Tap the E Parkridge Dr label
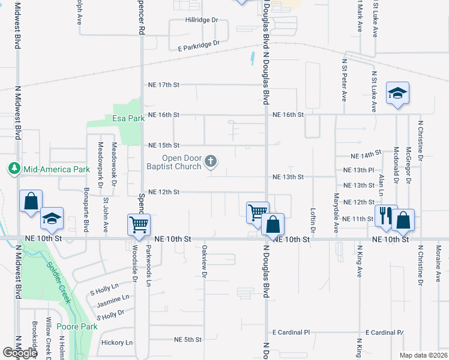pyautogui.click(x=195, y=44)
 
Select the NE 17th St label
pyautogui.click(x=163, y=85)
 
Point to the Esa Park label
pyautogui.click(x=128, y=118)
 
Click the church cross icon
pyautogui.click(x=210, y=160)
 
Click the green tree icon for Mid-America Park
pyautogui.click(x=14, y=169)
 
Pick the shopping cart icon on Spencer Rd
pyautogui.click(x=139, y=224)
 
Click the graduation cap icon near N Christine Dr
pyautogui.click(x=397, y=93)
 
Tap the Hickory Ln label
pyautogui.click(x=117, y=343)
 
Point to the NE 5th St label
pyautogui.click(x=187, y=340)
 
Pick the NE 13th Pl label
pyautogui.click(x=363, y=170)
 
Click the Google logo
pyautogui.click(x=20, y=353)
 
